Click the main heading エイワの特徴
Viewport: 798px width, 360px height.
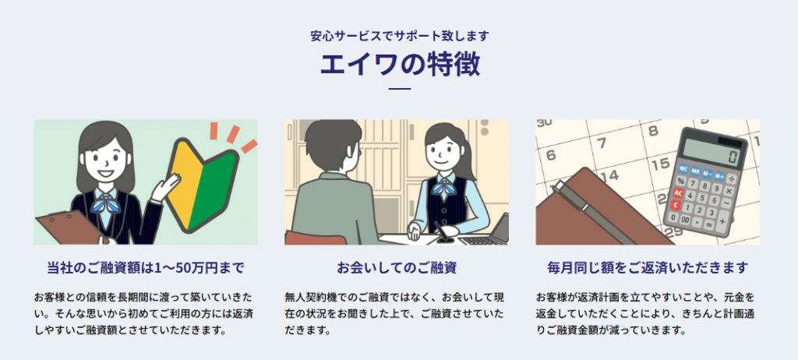pyautogui.click(x=399, y=65)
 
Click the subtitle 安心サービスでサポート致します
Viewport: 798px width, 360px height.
pyautogui.click(x=399, y=35)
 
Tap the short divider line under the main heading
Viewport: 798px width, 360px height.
pyautogui.click(x=399, y=89)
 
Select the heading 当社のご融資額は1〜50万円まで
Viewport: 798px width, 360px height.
pyautogui.click(x=146, y=268)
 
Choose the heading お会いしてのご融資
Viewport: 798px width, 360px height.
pyautogui.click(x=397, y=268)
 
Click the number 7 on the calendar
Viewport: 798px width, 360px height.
pyautogui.click(x=601, y=143)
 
